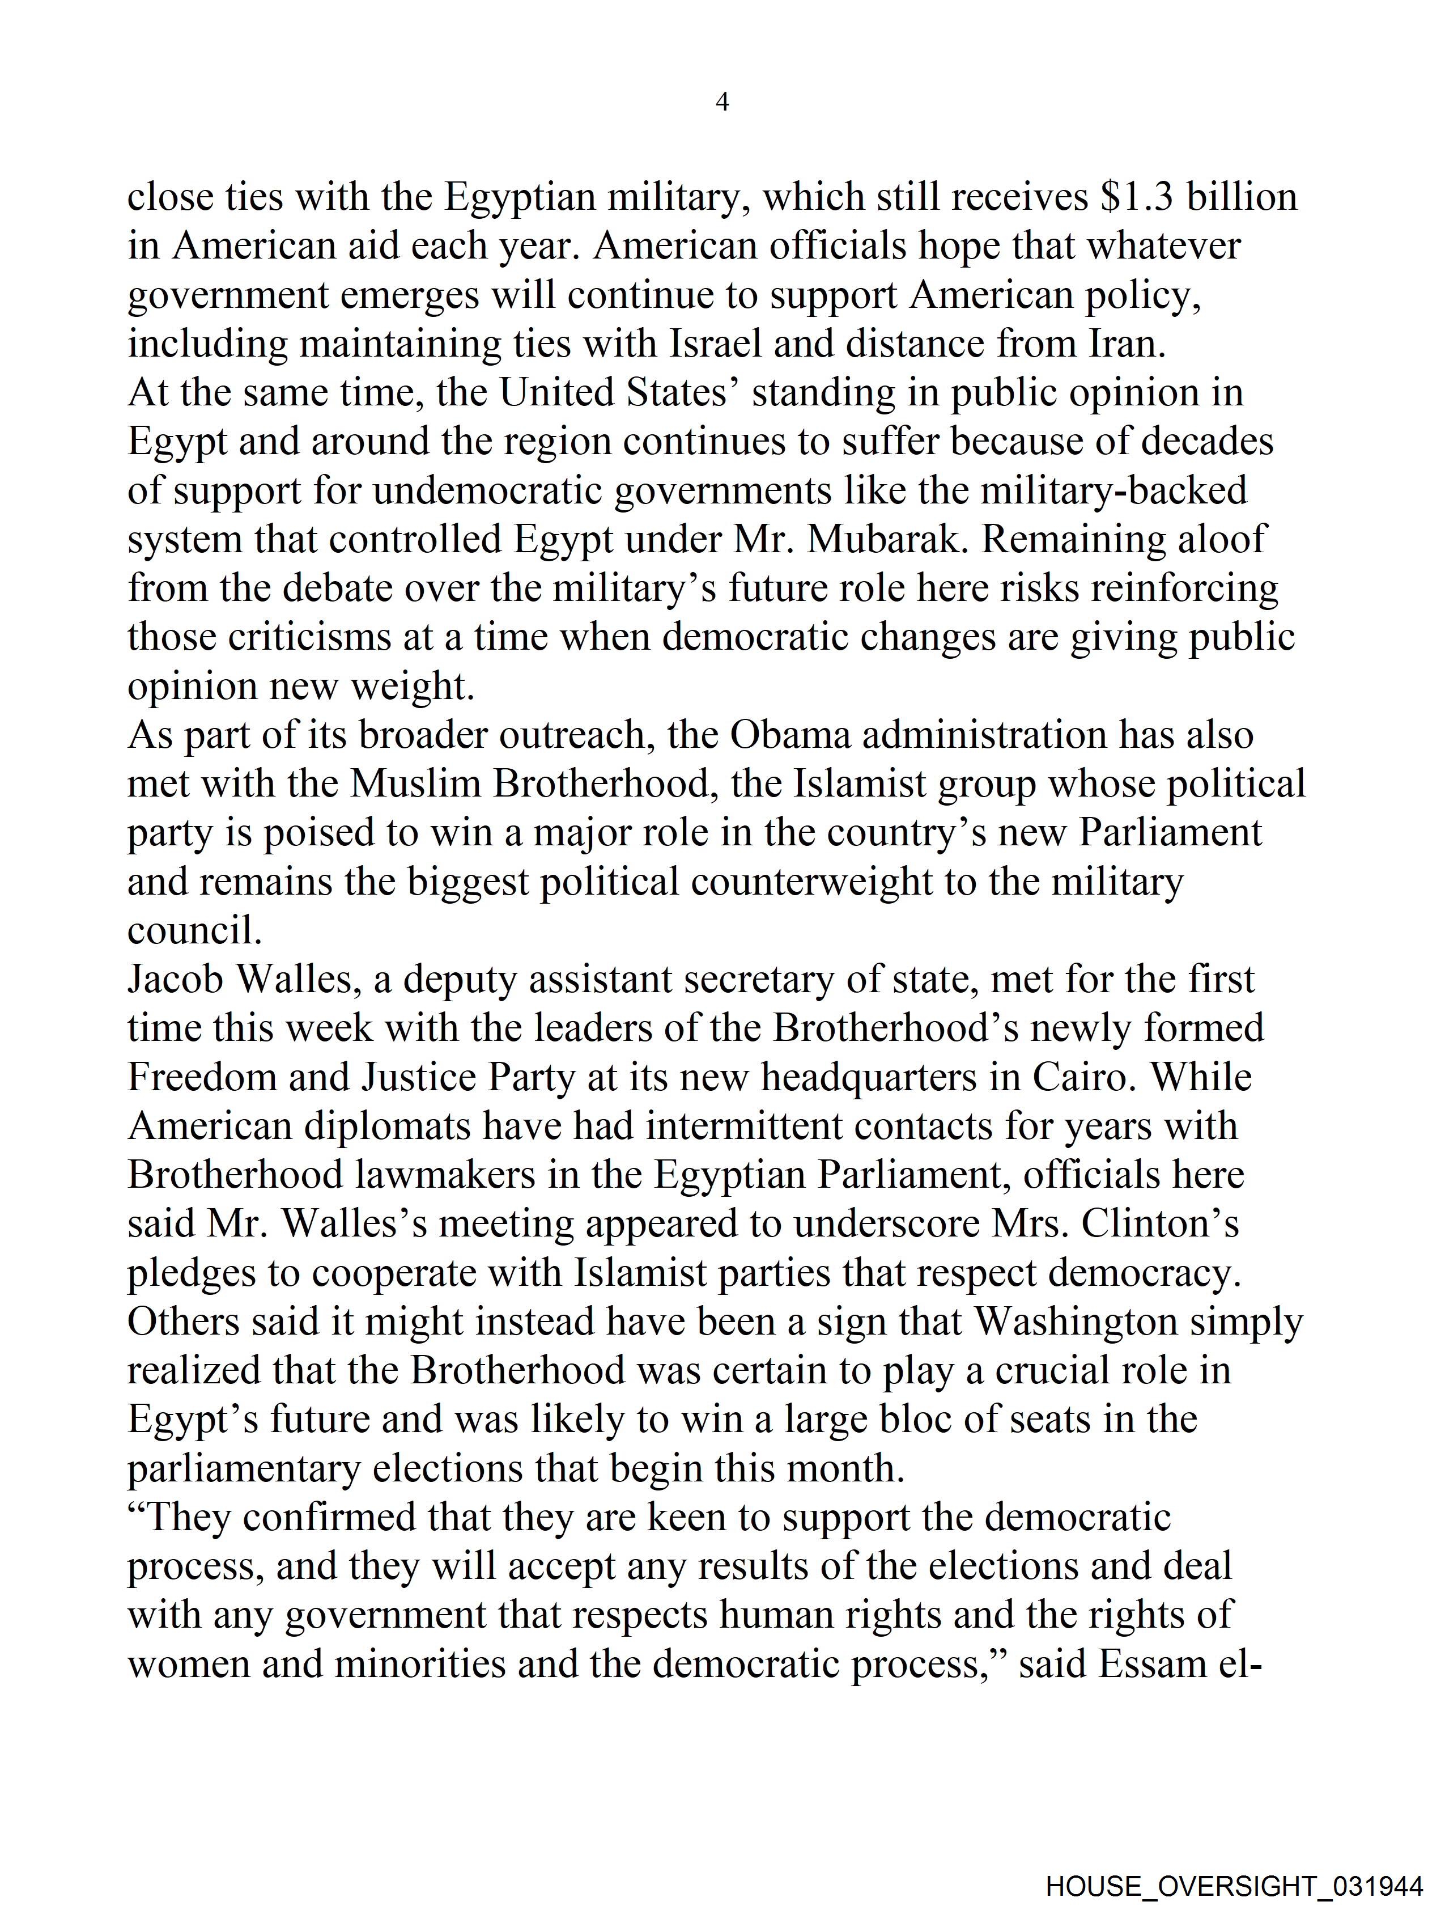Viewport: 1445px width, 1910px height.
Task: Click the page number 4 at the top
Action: (722, 103)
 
